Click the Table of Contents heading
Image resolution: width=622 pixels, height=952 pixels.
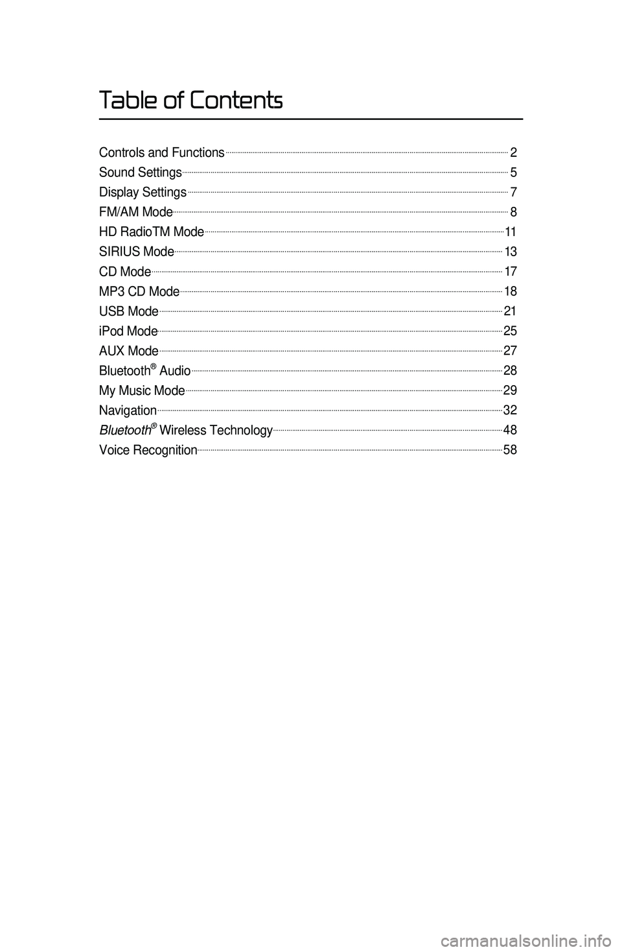191,101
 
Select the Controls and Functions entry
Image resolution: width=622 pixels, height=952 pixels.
161,153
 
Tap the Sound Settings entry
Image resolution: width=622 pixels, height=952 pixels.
140,173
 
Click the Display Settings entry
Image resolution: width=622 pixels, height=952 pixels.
143,193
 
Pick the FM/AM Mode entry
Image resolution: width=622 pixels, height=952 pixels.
135,212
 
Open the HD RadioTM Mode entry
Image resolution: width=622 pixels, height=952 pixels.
152,232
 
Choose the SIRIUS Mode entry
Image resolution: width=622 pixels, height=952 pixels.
136,252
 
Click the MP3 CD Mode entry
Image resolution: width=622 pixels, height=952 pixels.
139,291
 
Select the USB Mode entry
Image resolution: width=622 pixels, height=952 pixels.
128,311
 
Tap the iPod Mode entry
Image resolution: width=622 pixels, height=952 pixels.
128,331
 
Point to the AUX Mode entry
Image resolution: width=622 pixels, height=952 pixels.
128,351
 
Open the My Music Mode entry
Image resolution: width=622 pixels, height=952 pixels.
142,390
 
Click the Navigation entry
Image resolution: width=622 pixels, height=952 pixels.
128,411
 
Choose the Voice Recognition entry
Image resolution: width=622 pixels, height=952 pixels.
148,450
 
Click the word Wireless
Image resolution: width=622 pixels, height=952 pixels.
183,431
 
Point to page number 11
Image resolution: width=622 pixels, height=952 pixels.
511,232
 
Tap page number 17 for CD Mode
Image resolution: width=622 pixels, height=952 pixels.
511,272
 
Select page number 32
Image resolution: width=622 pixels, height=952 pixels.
510,411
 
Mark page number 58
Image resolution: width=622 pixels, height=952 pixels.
510,450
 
